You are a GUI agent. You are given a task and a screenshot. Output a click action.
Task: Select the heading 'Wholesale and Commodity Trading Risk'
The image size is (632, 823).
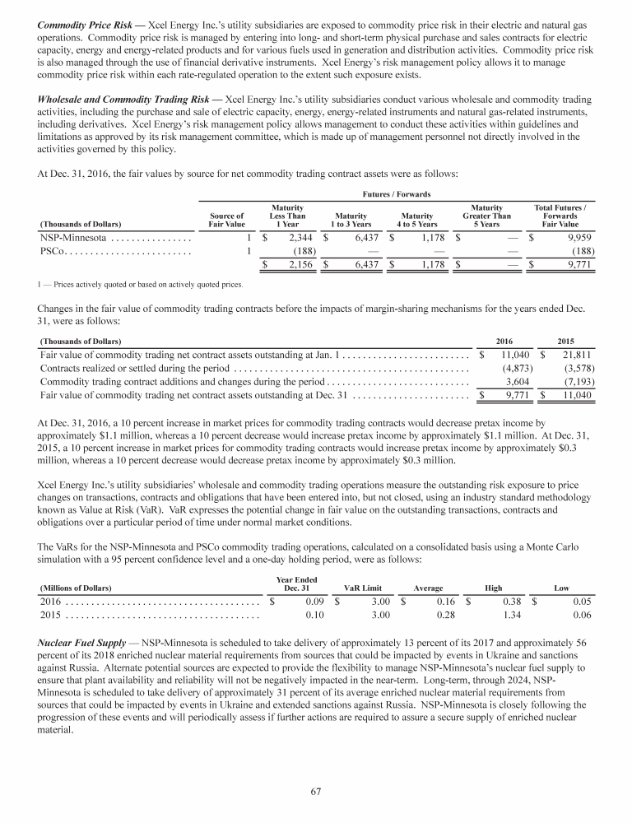pos(122,99)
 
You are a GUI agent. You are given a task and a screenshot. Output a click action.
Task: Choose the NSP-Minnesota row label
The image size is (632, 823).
pos(73,238)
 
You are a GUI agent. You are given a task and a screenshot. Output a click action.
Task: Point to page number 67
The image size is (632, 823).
pos(315,792)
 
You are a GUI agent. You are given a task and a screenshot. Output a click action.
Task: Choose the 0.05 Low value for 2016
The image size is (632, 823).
pos(561,602)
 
